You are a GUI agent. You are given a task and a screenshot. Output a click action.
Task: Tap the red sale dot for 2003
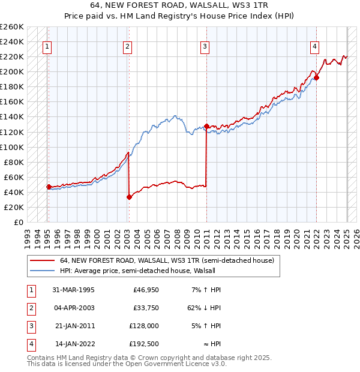click(129, 196)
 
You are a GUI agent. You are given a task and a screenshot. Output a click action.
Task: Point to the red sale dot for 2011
click(206, 126)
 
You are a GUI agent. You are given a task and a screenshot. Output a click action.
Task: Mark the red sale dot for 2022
click(316, 77)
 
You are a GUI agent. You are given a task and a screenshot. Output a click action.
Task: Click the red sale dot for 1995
click(49, 187)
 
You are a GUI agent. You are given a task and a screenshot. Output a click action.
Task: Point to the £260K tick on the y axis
click(12, 27)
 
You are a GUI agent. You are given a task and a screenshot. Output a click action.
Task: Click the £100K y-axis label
click(12, 147)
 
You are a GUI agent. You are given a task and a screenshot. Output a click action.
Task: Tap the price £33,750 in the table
click(146, 308)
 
